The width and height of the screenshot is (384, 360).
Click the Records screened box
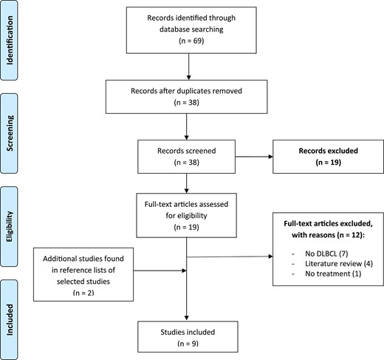195,154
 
